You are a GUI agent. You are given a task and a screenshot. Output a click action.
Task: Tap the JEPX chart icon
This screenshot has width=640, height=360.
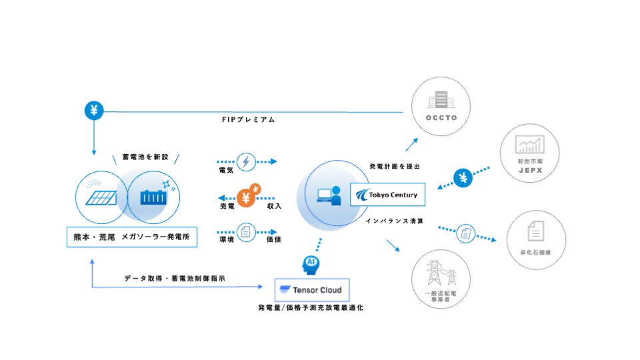pyautogui.click(x=529, y=144)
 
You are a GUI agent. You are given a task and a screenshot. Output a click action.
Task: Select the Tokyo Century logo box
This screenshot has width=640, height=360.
pyautogui.click(x=387, y=195)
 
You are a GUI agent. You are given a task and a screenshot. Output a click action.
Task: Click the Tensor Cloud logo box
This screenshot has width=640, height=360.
pyautogui.click(x=312, y=290)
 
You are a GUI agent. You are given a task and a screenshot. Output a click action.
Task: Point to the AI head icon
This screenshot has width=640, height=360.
pyautogui.click(x=310, y=263)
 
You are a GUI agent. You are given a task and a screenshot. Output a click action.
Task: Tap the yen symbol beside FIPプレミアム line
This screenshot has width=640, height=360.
pyautogui.click(x=94, y=110)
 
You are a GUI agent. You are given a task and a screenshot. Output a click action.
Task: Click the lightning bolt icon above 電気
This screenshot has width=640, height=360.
pyautogui.click(x=246, y=161)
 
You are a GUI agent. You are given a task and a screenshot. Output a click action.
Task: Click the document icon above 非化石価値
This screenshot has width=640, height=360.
pyautogui.click(x=535, y=231)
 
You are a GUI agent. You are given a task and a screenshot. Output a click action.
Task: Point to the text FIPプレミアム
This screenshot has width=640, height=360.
pyautogui.click(x=249, y=120)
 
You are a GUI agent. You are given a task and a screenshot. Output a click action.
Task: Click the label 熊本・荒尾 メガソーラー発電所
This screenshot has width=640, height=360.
pyautogui.click(x=132, y=237)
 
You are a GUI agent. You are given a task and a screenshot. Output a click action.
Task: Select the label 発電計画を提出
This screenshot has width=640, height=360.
pyautogui.click(x=394, y=166)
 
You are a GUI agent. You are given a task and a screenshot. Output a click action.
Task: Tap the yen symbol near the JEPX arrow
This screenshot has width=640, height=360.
pyautogui.click(x=464, y=177)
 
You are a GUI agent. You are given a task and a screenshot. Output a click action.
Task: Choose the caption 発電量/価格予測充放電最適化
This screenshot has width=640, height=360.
pyautogui.click(x=311, y=307)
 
